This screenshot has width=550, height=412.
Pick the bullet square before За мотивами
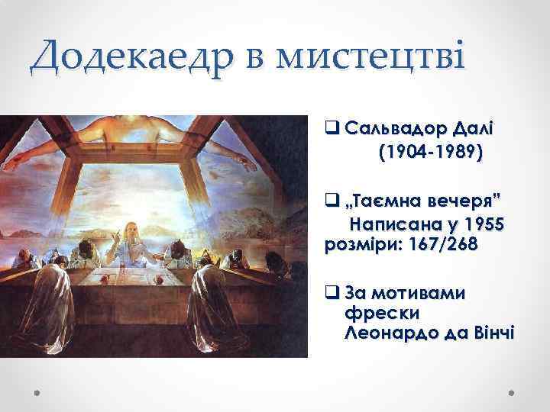(x=330, y=294)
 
